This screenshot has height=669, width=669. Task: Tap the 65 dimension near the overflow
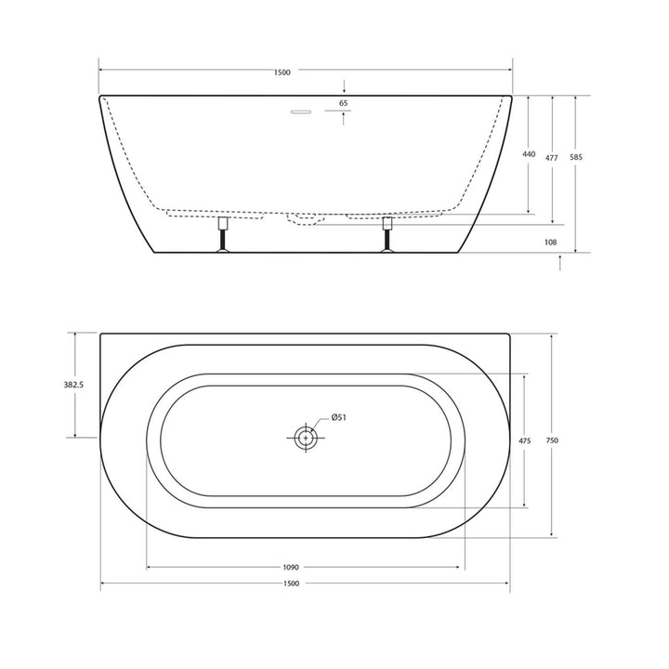(x=344, y=103)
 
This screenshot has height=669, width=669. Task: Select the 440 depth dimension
(x=529, y=154)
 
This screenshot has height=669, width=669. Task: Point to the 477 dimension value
(x=552, y=158)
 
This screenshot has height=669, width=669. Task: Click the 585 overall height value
(x=576, y=158)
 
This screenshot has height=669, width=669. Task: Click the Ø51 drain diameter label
(x=337, y=418)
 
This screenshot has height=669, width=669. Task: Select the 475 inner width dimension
(x=526, y=442)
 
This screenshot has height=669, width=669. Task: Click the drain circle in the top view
(x=304, y=438)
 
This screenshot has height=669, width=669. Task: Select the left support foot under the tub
(x=223, y=236)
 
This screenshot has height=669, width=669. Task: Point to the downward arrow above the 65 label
(x=344, y=86)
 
